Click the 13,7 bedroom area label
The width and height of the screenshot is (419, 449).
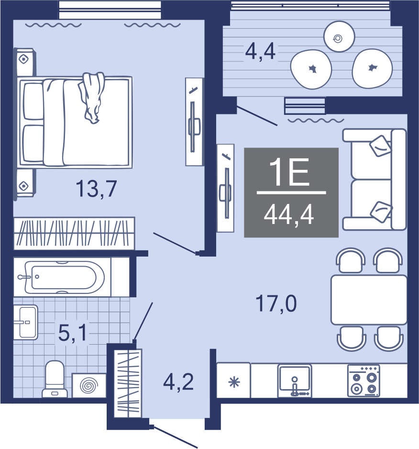(97, 189)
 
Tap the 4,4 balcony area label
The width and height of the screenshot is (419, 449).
(260, 52)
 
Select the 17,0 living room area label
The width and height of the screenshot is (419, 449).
(276, 304)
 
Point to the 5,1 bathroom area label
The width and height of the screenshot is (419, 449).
(72, 333)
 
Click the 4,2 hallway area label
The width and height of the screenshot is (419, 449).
(178, 382)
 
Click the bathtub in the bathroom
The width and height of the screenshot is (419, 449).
(65, 277)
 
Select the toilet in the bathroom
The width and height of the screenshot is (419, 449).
(55, 379)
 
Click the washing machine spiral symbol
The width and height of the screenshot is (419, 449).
(88, 385)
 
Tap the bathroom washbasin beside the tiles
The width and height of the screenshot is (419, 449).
(26, 322)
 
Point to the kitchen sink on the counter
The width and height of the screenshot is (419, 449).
(295, 381)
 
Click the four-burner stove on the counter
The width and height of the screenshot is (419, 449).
(364, 381)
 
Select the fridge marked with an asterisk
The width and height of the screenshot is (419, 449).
(233, 380)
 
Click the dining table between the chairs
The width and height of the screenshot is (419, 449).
(369, 300)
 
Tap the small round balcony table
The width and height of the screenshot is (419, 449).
(339, 37)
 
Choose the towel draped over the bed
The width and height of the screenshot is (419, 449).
(91, 97)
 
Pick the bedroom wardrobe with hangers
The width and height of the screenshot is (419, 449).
(74, 233)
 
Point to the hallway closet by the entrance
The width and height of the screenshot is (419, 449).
(128, 383)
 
